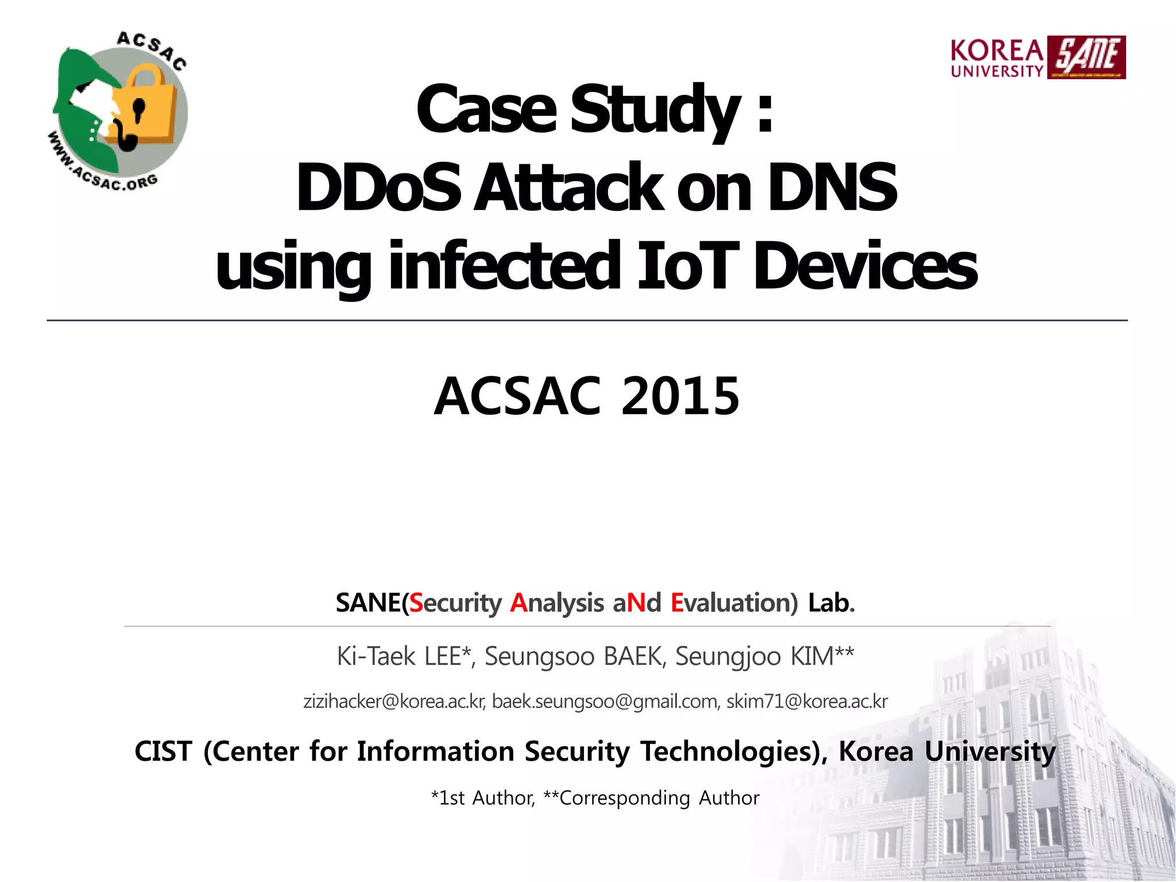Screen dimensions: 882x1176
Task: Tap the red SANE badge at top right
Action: (1086, 57)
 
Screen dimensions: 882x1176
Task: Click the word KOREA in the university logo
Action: (997, 51)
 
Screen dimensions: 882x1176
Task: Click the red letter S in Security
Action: (416, 603)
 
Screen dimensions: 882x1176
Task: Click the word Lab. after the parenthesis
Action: (831, 603)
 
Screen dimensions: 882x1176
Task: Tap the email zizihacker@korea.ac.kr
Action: (394, 701)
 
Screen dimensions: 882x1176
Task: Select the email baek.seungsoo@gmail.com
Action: (605, 701)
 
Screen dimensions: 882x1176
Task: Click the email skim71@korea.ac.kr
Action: (807, 701)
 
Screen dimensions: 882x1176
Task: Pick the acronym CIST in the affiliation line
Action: (163, 751)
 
